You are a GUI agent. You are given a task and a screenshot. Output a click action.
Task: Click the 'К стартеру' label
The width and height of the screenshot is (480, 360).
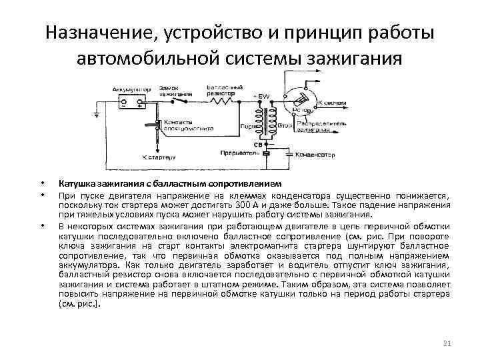159,157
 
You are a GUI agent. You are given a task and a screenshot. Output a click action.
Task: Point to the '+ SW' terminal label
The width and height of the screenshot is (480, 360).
261,97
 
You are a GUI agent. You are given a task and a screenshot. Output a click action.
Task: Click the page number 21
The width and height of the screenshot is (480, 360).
447,343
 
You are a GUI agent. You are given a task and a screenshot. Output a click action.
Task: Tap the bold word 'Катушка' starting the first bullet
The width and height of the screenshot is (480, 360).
78,183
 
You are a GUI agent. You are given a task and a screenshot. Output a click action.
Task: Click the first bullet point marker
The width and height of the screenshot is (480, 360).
42,184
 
